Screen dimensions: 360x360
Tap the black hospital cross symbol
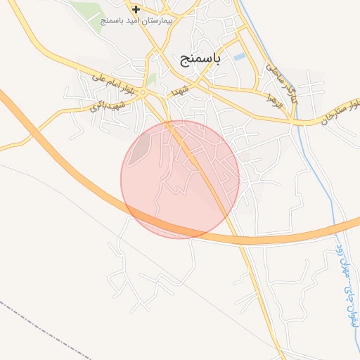136,9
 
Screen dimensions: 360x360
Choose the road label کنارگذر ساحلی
282,82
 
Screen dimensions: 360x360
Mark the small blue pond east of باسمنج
240,55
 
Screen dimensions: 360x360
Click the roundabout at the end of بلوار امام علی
143,93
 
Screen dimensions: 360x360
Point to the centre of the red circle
180,179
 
